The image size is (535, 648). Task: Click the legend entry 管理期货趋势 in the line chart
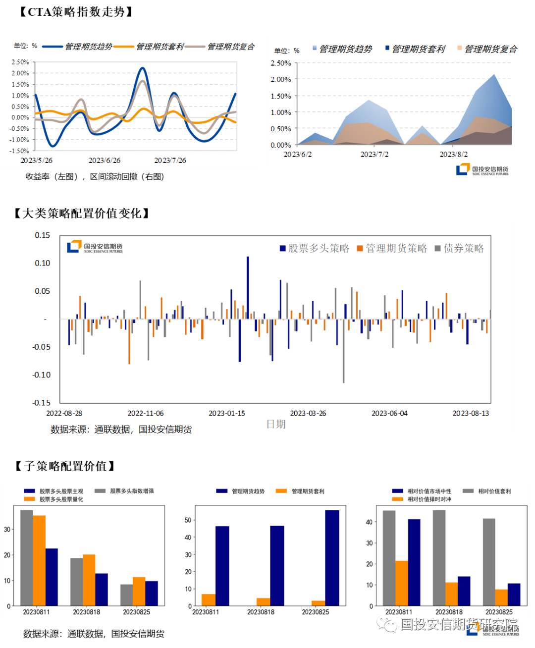[89, 47]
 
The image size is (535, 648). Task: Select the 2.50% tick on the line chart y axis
[20, 62]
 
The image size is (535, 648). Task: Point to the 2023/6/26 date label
[104, 161]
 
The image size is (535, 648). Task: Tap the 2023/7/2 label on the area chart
[374, 155]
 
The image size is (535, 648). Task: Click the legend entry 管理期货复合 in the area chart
[490, 49]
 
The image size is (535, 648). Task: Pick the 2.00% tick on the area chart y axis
[280, 79]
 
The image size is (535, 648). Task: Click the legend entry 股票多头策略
[318, 248]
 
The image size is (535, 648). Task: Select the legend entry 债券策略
[463, 248]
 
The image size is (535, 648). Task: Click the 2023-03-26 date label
[308, 413]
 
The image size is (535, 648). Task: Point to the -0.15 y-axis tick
[42, 403]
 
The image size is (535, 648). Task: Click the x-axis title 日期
[276, 424]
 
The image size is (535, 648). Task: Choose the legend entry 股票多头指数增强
[131, 491]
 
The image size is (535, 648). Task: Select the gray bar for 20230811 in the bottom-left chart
[27, 558]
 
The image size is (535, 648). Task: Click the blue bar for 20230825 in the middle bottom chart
[332, 558]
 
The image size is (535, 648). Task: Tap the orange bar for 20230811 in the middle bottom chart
[209, 600]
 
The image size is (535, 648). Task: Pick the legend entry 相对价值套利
[494, 491]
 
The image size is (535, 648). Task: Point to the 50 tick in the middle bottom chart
[188, 520]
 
